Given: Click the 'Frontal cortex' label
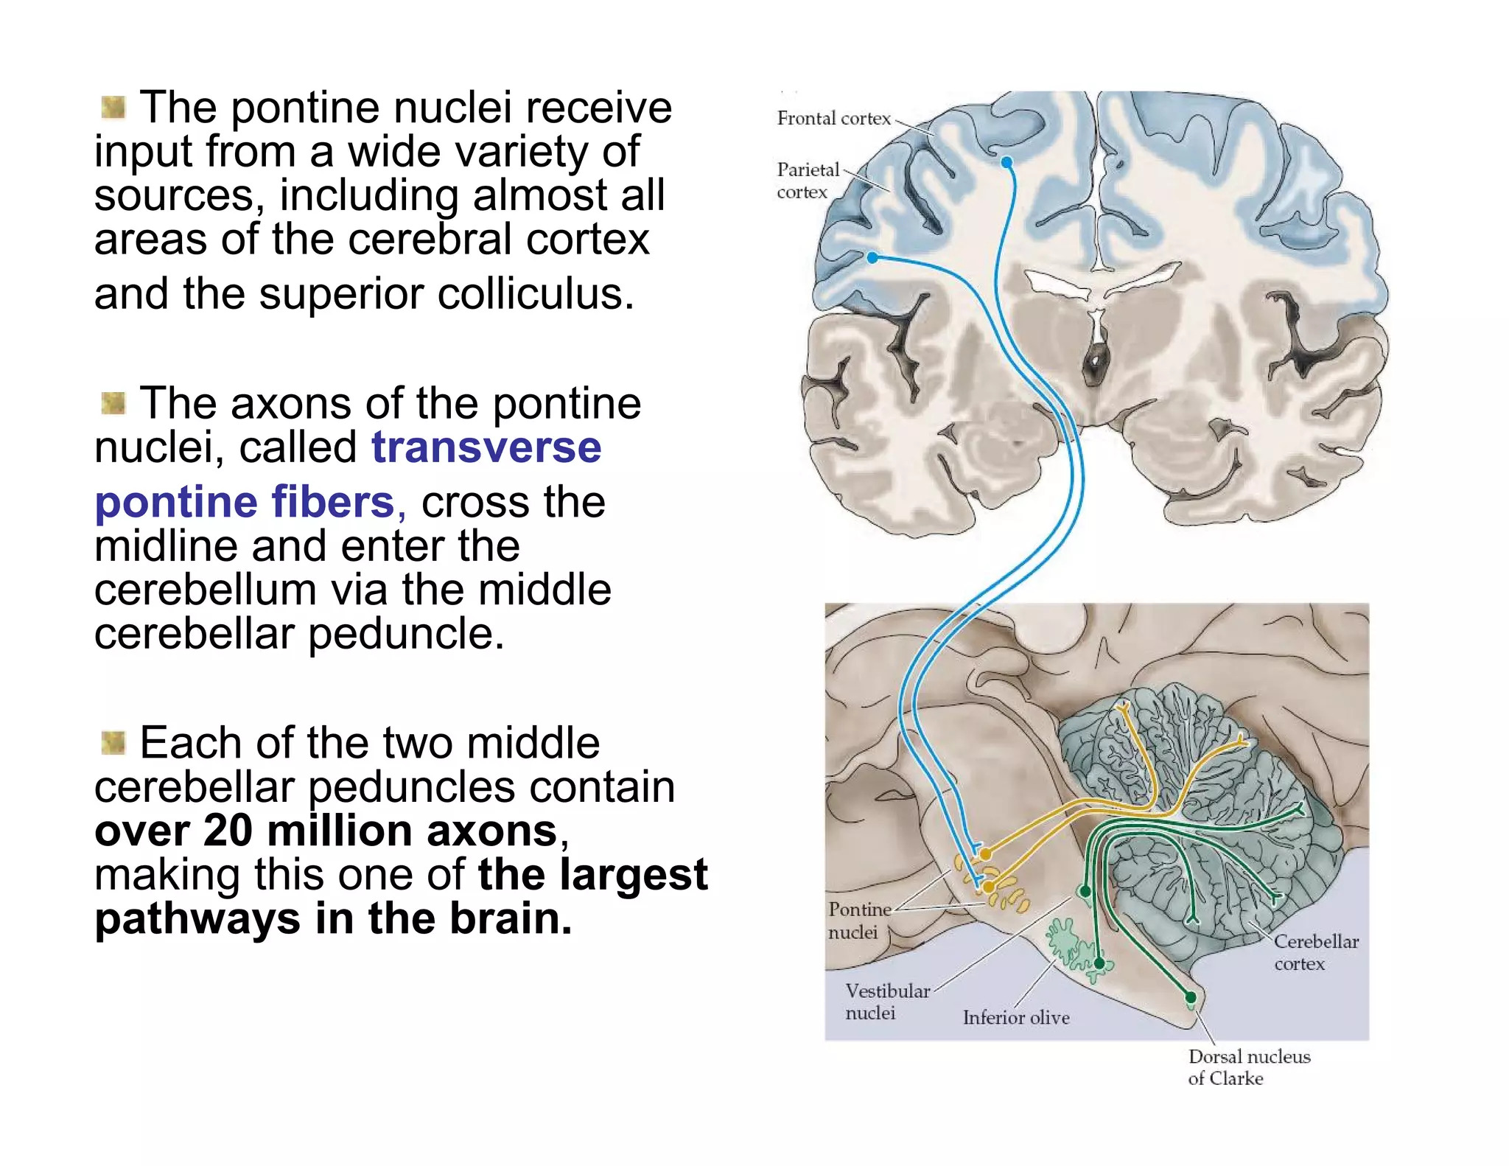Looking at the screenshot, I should point(833,119).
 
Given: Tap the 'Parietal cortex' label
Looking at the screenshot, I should point(808,181).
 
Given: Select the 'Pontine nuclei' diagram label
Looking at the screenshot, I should point(858,921).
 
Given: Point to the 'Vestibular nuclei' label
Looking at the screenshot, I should point(886,1002).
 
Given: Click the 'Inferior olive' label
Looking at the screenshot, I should point(1015,1018).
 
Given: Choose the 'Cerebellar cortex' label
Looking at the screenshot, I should point(1316,952).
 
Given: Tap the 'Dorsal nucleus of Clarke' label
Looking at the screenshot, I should point(1248,1067).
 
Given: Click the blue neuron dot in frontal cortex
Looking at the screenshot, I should point(1007,162).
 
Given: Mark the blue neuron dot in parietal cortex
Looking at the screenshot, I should point(872,258).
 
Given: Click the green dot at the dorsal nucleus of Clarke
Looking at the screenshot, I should point(1191,998).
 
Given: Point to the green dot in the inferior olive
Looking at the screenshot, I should point(1099,963).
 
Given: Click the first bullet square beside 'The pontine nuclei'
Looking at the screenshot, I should point(113,108).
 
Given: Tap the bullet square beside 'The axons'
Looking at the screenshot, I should point(113,403).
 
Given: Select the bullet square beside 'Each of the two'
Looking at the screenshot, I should point(113,743).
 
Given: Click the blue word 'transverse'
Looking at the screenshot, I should point(486,447).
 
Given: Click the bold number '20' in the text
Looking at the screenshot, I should point(228,831).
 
